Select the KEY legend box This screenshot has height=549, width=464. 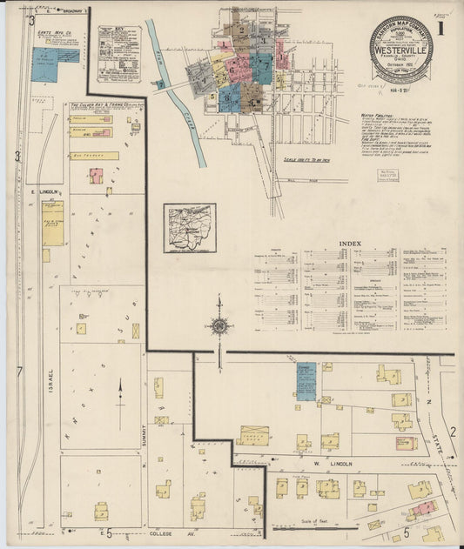119,52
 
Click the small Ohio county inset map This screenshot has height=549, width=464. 189,228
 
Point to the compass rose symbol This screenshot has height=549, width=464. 219,326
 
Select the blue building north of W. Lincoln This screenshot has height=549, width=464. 306,381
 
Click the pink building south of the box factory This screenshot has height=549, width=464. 95,176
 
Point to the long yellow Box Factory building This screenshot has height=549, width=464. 94,156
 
